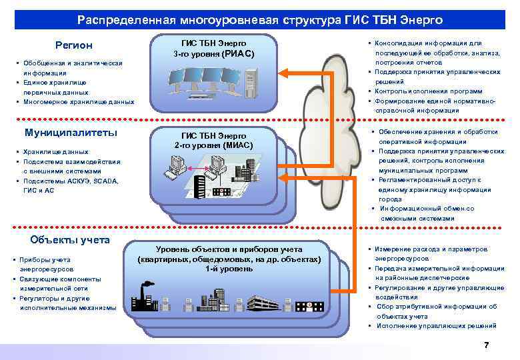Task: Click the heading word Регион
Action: (74, 45)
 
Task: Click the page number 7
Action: (486, 345)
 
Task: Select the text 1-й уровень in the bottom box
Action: (229, 269)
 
